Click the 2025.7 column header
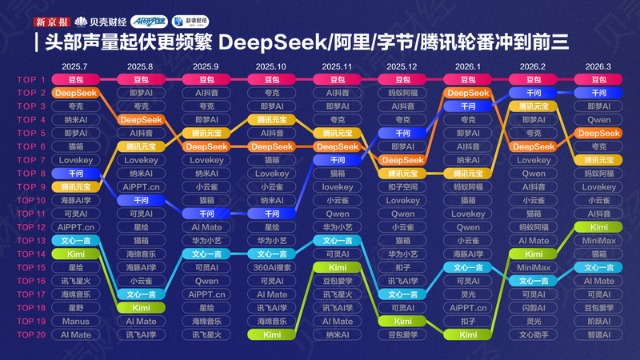point(75,66)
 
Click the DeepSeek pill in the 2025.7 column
point(75,92)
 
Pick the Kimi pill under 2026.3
point(598,227)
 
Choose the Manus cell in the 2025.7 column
point(75,321)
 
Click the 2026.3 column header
point(598,66)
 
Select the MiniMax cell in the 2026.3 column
point(598,240)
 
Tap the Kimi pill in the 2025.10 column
point(271,334)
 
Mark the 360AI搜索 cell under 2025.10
point(271,267)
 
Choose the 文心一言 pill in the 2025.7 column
point(75,240)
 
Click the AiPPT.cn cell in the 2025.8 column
point(140,186)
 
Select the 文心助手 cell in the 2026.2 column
point(533,334)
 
